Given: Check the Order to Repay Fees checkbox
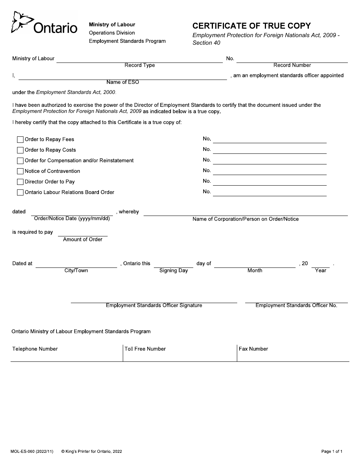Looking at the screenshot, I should (x=20, y=139).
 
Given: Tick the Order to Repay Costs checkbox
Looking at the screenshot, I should (x=20, y=150).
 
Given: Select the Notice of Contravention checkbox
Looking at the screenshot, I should (x=20, y=171).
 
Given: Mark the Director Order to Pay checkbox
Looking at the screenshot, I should (x=20, y=182).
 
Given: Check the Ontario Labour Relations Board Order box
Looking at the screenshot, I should (x=20, y=192).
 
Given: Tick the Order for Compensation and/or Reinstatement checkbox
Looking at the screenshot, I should (x=20, y=161).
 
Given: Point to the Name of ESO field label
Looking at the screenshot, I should (x=123, y=82).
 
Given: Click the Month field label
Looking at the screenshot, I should (x=255, y=271).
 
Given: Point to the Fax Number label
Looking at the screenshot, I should (x=254, y=349).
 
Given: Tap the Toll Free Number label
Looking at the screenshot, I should (x=146, y=349).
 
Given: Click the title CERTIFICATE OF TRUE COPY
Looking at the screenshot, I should (x=252, y=26).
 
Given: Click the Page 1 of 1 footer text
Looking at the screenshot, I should (x=332, y=451).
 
